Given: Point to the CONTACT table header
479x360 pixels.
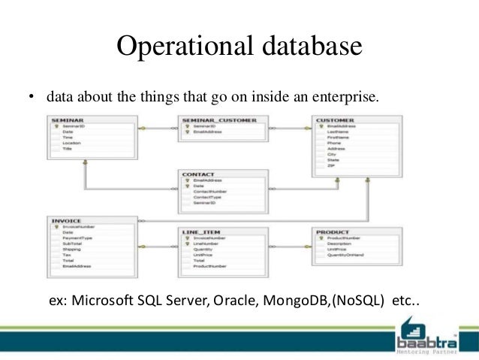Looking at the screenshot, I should point(199,174).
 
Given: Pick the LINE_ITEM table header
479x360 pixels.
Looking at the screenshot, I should point(200,231).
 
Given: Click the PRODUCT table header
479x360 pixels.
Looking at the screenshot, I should point(333,231).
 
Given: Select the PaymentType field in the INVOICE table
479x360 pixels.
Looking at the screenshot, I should point(77,237).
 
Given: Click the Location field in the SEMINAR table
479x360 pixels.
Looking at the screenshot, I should point(72,143).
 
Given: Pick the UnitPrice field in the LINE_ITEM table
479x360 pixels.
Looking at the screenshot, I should point(203,256).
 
